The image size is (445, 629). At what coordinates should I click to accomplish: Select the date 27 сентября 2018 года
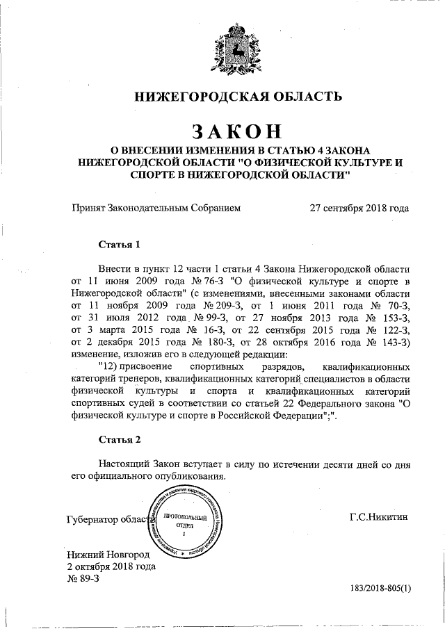coord(359,208)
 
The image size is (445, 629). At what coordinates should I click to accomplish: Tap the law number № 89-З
coord(83,578)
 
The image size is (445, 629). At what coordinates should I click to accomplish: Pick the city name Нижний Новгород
coord(107,555)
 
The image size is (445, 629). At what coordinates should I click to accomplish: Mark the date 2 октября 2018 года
coord(111,566)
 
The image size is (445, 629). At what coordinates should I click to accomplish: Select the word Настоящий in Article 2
coord(122,464)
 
